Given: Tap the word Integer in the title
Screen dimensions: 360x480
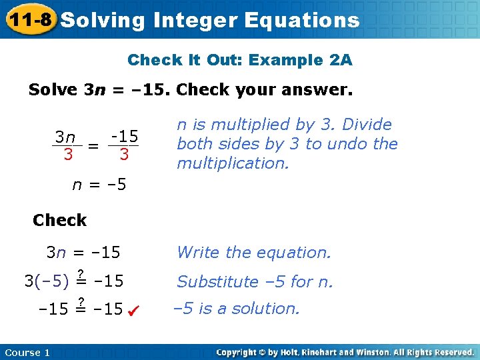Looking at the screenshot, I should tap(195, 20).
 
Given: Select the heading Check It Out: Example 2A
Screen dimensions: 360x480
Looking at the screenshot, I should tap(240, 61).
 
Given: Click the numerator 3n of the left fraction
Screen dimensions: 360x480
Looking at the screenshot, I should tap(65, 137).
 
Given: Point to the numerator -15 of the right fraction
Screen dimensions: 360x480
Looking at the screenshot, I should tap(125, 137).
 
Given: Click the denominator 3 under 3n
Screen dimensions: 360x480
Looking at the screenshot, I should tap(68, 155).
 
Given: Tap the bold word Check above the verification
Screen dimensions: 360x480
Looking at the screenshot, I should tap(59, 220).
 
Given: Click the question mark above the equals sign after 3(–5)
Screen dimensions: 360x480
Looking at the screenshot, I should tap(80, 272).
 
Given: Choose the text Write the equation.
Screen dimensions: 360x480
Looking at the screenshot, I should tap(253, 253).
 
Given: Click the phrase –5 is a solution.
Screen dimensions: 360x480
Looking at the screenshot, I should tap(237, 309).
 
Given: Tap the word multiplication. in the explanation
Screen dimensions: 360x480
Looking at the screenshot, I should tap(233, 163).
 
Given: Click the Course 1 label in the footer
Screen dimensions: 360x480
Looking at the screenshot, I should tap(27, 352).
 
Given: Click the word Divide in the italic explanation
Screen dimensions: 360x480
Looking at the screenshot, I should tap(370, 125).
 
